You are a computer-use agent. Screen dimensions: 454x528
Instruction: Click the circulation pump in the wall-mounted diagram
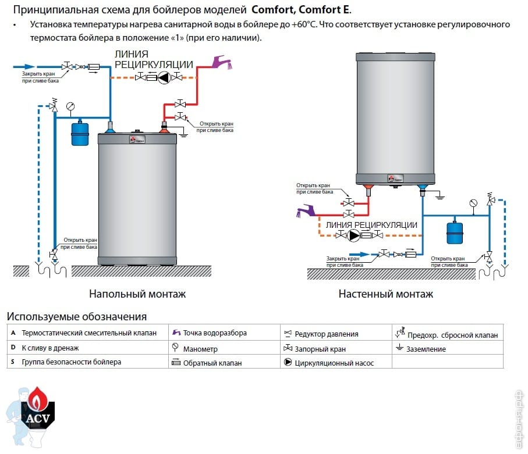354,235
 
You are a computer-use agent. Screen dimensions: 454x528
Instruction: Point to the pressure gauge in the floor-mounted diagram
71,106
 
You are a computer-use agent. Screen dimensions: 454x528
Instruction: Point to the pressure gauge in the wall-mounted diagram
473,203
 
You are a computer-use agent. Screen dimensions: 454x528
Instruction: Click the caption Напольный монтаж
137,294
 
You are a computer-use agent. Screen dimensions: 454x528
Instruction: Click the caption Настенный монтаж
385,294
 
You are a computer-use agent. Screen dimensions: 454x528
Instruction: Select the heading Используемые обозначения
76,317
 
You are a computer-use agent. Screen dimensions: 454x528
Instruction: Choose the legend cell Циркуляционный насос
334,363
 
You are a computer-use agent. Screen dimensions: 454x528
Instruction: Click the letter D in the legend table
13,348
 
